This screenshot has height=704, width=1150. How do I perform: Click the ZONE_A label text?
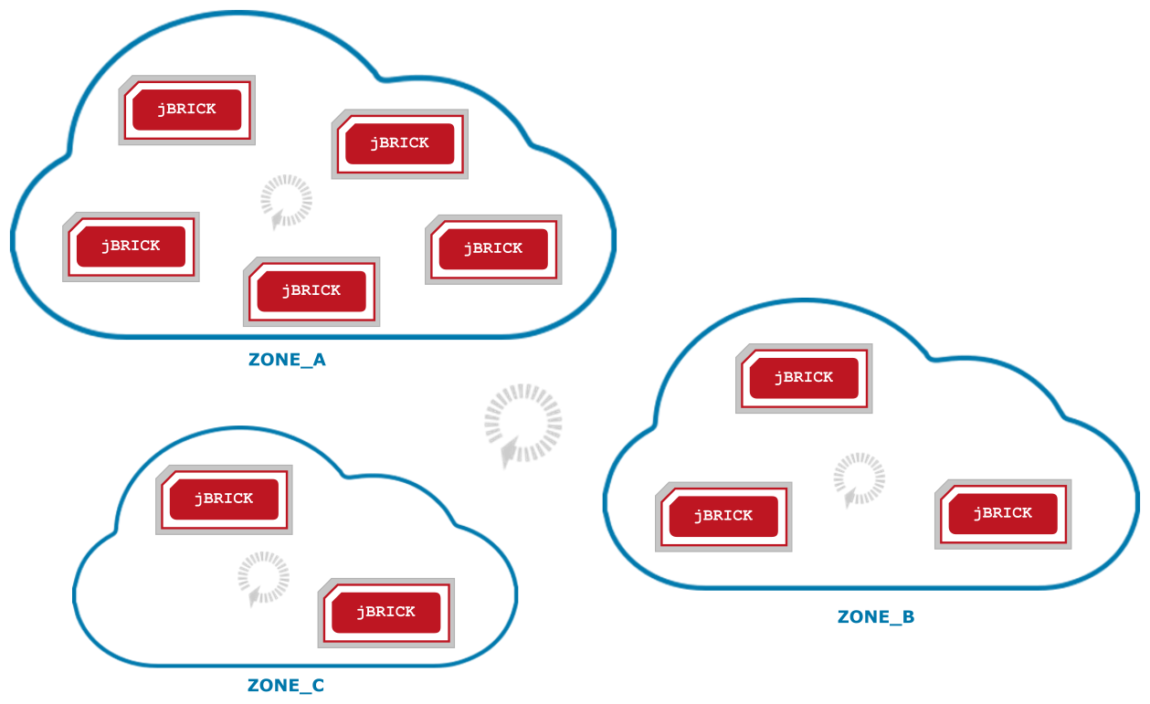click(287, 360)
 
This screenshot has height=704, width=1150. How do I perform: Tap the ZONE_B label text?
click(875, 617)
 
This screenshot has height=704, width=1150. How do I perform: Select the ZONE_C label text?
click(286, 686)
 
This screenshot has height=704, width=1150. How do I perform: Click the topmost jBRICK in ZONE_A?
click(186, 110)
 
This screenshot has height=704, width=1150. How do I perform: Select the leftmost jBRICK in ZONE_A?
click(131, 247)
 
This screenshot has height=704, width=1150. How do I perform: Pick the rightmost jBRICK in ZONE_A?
click(493, 249)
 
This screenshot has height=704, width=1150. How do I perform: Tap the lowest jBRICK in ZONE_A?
click(311, 291)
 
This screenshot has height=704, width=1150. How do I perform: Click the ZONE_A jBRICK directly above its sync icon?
click(399, 143)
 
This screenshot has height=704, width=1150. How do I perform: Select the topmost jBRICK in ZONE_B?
click(804, 378)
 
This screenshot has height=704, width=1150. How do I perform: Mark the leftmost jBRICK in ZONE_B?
click(723, 516)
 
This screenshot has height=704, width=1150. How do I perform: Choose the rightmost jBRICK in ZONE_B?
click(1002, 514)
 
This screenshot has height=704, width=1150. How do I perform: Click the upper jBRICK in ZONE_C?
click(224, 499)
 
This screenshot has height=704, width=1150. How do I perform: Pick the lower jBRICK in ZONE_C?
click(385, 612)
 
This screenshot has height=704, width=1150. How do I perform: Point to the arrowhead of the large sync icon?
click(508, 456)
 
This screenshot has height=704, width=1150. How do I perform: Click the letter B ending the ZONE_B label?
click(907, 617)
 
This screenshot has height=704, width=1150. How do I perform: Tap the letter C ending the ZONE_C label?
click(318, 686)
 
